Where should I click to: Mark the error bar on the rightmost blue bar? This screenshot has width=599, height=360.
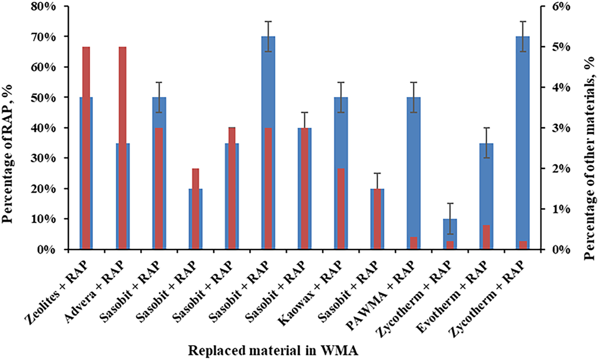click(x=523, y=36)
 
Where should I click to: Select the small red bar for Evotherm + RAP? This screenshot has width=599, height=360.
click(x=486, y=237)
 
